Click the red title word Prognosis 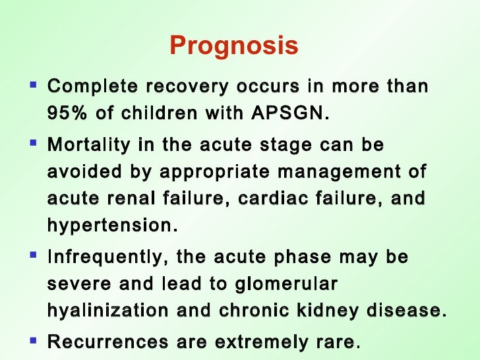click(x=234, y=47)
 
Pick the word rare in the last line click(x=335, y=342)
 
